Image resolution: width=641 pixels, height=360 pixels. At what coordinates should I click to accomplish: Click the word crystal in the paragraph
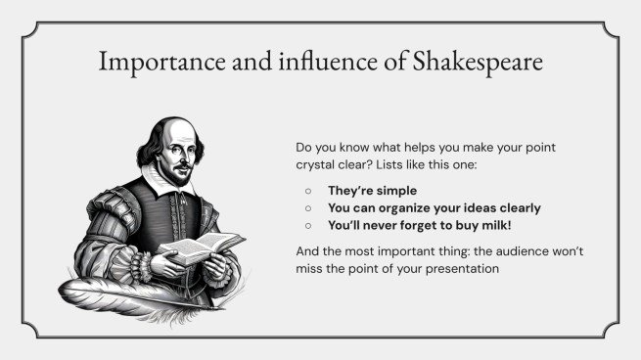click(x=317, y=164)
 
